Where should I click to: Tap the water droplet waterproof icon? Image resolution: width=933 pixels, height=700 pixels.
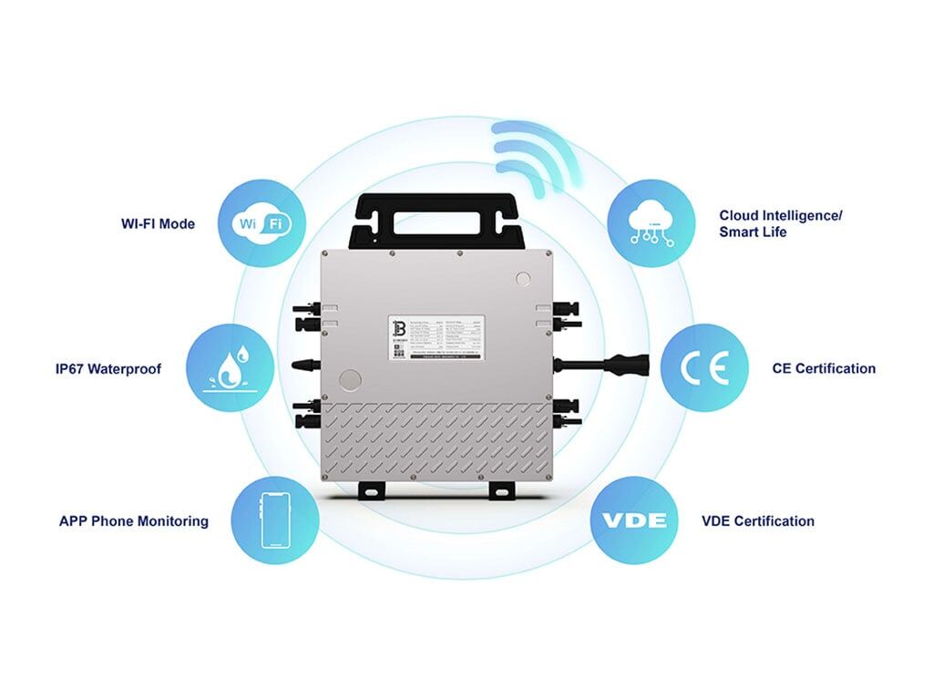click(231, 368)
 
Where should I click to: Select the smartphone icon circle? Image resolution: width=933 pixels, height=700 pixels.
click(275, 520)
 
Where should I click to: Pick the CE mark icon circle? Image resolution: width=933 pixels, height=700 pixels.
click(704, 368)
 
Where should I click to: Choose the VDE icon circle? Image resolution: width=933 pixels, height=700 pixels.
click(634, 520)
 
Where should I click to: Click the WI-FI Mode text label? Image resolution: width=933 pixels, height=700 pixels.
click(158, 223)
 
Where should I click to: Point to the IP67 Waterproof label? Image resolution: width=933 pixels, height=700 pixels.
click(108, 369)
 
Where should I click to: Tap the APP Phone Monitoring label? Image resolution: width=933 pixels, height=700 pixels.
click(134, 521)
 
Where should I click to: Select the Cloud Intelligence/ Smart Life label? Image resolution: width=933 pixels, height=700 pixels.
click(781, 223)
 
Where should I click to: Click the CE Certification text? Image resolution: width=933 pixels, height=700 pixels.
click(823, 369)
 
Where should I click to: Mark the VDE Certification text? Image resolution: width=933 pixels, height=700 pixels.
click(758, 521)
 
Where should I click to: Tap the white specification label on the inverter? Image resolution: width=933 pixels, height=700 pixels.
click(436, 338)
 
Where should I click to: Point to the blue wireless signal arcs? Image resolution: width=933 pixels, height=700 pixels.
click(536, 155)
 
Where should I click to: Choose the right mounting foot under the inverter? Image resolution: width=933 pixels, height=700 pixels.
click(500, 490)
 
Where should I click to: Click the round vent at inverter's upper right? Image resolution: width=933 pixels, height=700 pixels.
click(523, 279)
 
